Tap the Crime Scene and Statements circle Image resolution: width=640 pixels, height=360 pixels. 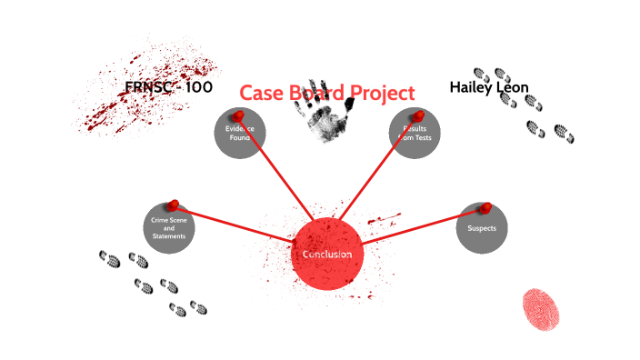169,228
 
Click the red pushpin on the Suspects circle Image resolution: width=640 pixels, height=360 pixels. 485,208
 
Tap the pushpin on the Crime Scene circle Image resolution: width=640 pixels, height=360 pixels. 173,205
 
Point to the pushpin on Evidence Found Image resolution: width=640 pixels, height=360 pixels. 238,116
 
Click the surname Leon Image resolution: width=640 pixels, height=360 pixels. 514,87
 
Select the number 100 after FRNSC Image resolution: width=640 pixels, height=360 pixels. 194,87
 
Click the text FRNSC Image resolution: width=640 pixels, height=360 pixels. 149,87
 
